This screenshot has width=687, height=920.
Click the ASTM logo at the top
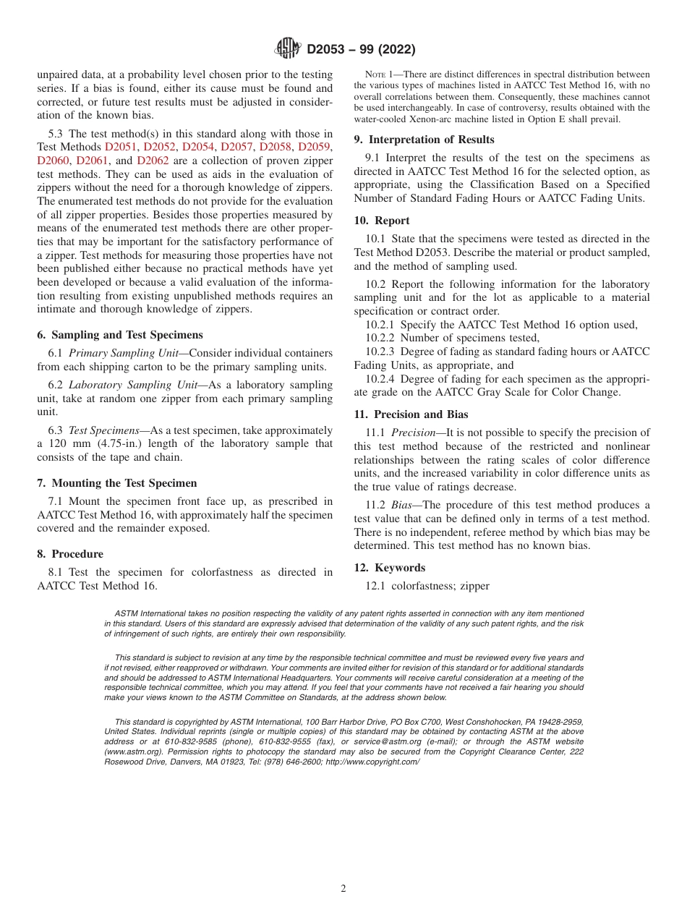tap(287, 49)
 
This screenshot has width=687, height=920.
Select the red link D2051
tap(121, 147)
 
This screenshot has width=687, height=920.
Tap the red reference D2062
tap(153, 161)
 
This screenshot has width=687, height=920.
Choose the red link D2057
tap(236, 147)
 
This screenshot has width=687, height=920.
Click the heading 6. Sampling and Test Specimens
tap(120, 335)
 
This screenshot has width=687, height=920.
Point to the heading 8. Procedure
tap(70, 554)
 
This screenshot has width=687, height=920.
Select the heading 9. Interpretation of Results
tap(424, 140)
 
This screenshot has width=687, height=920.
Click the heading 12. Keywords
tap(389, 568)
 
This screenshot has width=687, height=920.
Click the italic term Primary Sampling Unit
tap(126, 353)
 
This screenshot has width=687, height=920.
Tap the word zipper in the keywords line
tap(474, 586)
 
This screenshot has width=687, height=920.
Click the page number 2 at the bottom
tap(343, 889)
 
